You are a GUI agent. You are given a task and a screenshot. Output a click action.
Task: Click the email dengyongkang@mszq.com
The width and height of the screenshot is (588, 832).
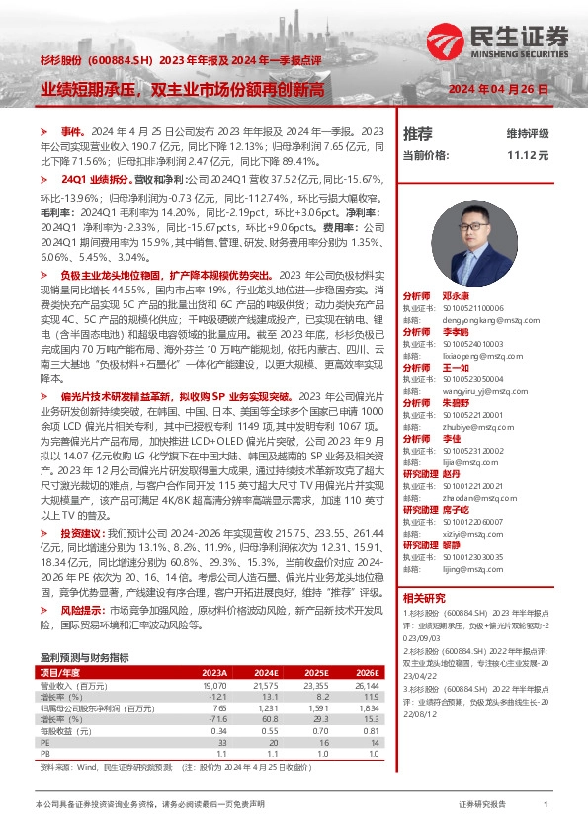click(x=472, y=320)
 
